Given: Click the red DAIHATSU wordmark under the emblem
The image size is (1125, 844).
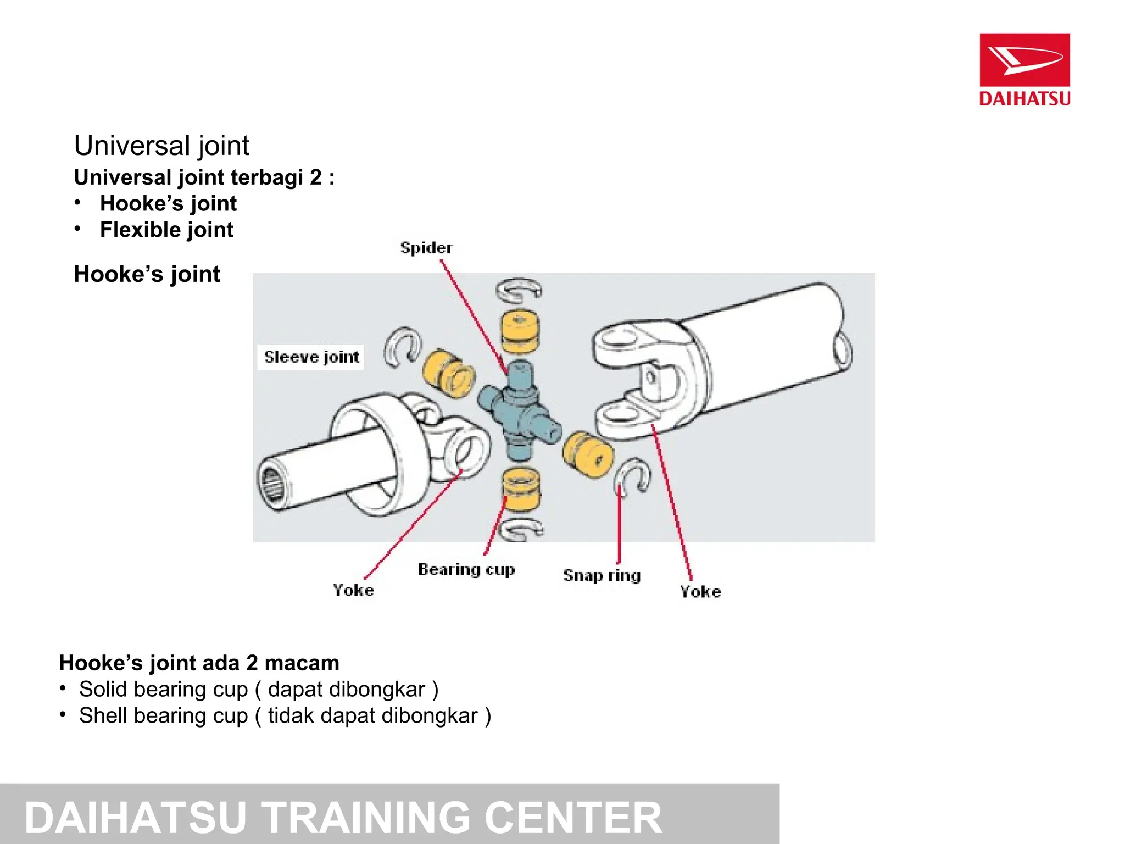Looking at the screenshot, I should (x=1024, y=99).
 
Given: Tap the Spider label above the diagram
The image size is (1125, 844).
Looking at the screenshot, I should (x=426, y=248).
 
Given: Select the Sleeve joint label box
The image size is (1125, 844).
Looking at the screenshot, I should (x=311, y=357).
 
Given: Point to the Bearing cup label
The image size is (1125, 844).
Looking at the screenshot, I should (x=466, y=569).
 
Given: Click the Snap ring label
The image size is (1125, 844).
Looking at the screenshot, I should (x=602, y=575).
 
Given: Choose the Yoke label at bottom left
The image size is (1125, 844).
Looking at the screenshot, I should (x=353, y=590).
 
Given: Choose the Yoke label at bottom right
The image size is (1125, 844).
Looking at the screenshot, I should (x=700, y=592).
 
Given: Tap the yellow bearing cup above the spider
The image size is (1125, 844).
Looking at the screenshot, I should (x=520, y=331).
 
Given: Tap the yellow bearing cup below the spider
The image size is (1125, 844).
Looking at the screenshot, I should (x=521, y=489).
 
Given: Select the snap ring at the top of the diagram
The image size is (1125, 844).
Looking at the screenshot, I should (x=519, y=290).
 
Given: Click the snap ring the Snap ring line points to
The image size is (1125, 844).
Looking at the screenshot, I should (x=633, y=475).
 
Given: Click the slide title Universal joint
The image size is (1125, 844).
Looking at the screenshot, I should (x=161, y=146).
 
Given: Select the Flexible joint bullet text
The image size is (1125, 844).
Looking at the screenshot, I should (x=166, y=230).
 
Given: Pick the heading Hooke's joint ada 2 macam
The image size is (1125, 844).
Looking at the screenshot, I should (x=199, y=663).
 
